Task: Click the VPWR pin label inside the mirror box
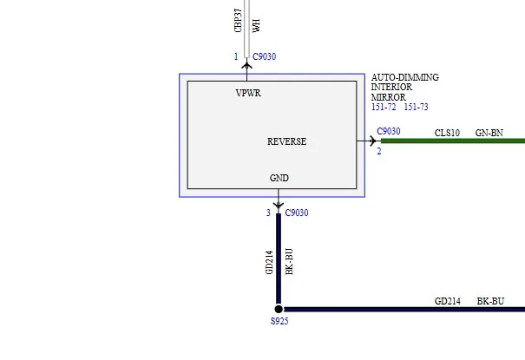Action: click(248, 93)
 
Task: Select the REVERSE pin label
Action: click(286, 141)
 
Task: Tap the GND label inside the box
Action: click(279, 178)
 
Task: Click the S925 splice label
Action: click(279, 321)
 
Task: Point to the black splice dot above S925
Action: click(279, 309)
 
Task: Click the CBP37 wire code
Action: click(238, 21)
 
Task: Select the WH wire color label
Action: click(256, 25)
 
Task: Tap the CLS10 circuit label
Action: click(447, 134)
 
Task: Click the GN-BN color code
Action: click(489, 134)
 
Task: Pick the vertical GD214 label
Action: click(269, 263)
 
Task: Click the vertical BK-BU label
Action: click(289, 262)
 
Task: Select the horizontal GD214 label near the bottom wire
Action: click(447, 302)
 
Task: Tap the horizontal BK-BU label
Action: click(490, 302)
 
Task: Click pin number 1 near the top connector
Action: click(236, 56)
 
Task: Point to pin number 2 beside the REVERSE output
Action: click(379, 152)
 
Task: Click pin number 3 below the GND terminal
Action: click(268, 213)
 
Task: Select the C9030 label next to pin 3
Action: click(297, 213)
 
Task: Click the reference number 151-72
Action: click(384, 107)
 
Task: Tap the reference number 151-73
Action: click(417, 107)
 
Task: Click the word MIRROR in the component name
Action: click(389, 97)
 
